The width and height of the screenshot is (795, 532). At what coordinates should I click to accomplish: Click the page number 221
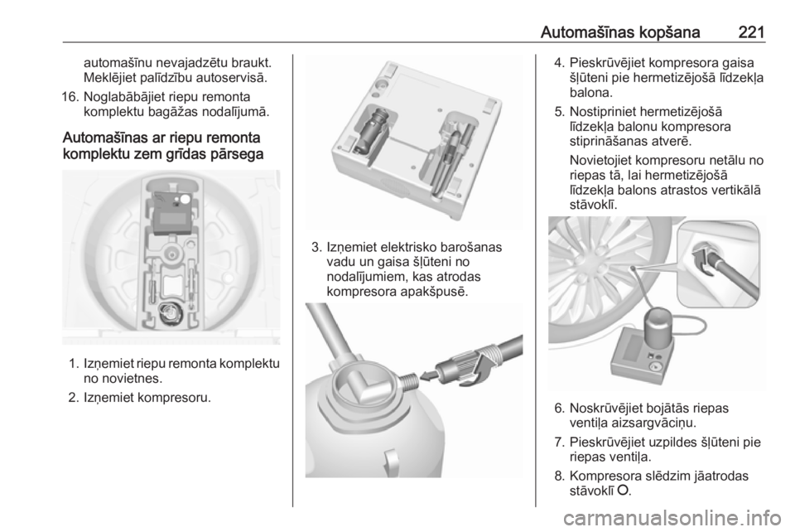point(751,32)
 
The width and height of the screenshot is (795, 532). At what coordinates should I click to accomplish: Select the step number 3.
point(316,248)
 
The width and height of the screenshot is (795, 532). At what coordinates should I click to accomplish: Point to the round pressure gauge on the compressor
point(656,367)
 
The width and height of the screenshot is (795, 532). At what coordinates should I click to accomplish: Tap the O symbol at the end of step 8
point(624,490)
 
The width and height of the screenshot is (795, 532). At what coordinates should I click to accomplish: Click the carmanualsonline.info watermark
point(676,518)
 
